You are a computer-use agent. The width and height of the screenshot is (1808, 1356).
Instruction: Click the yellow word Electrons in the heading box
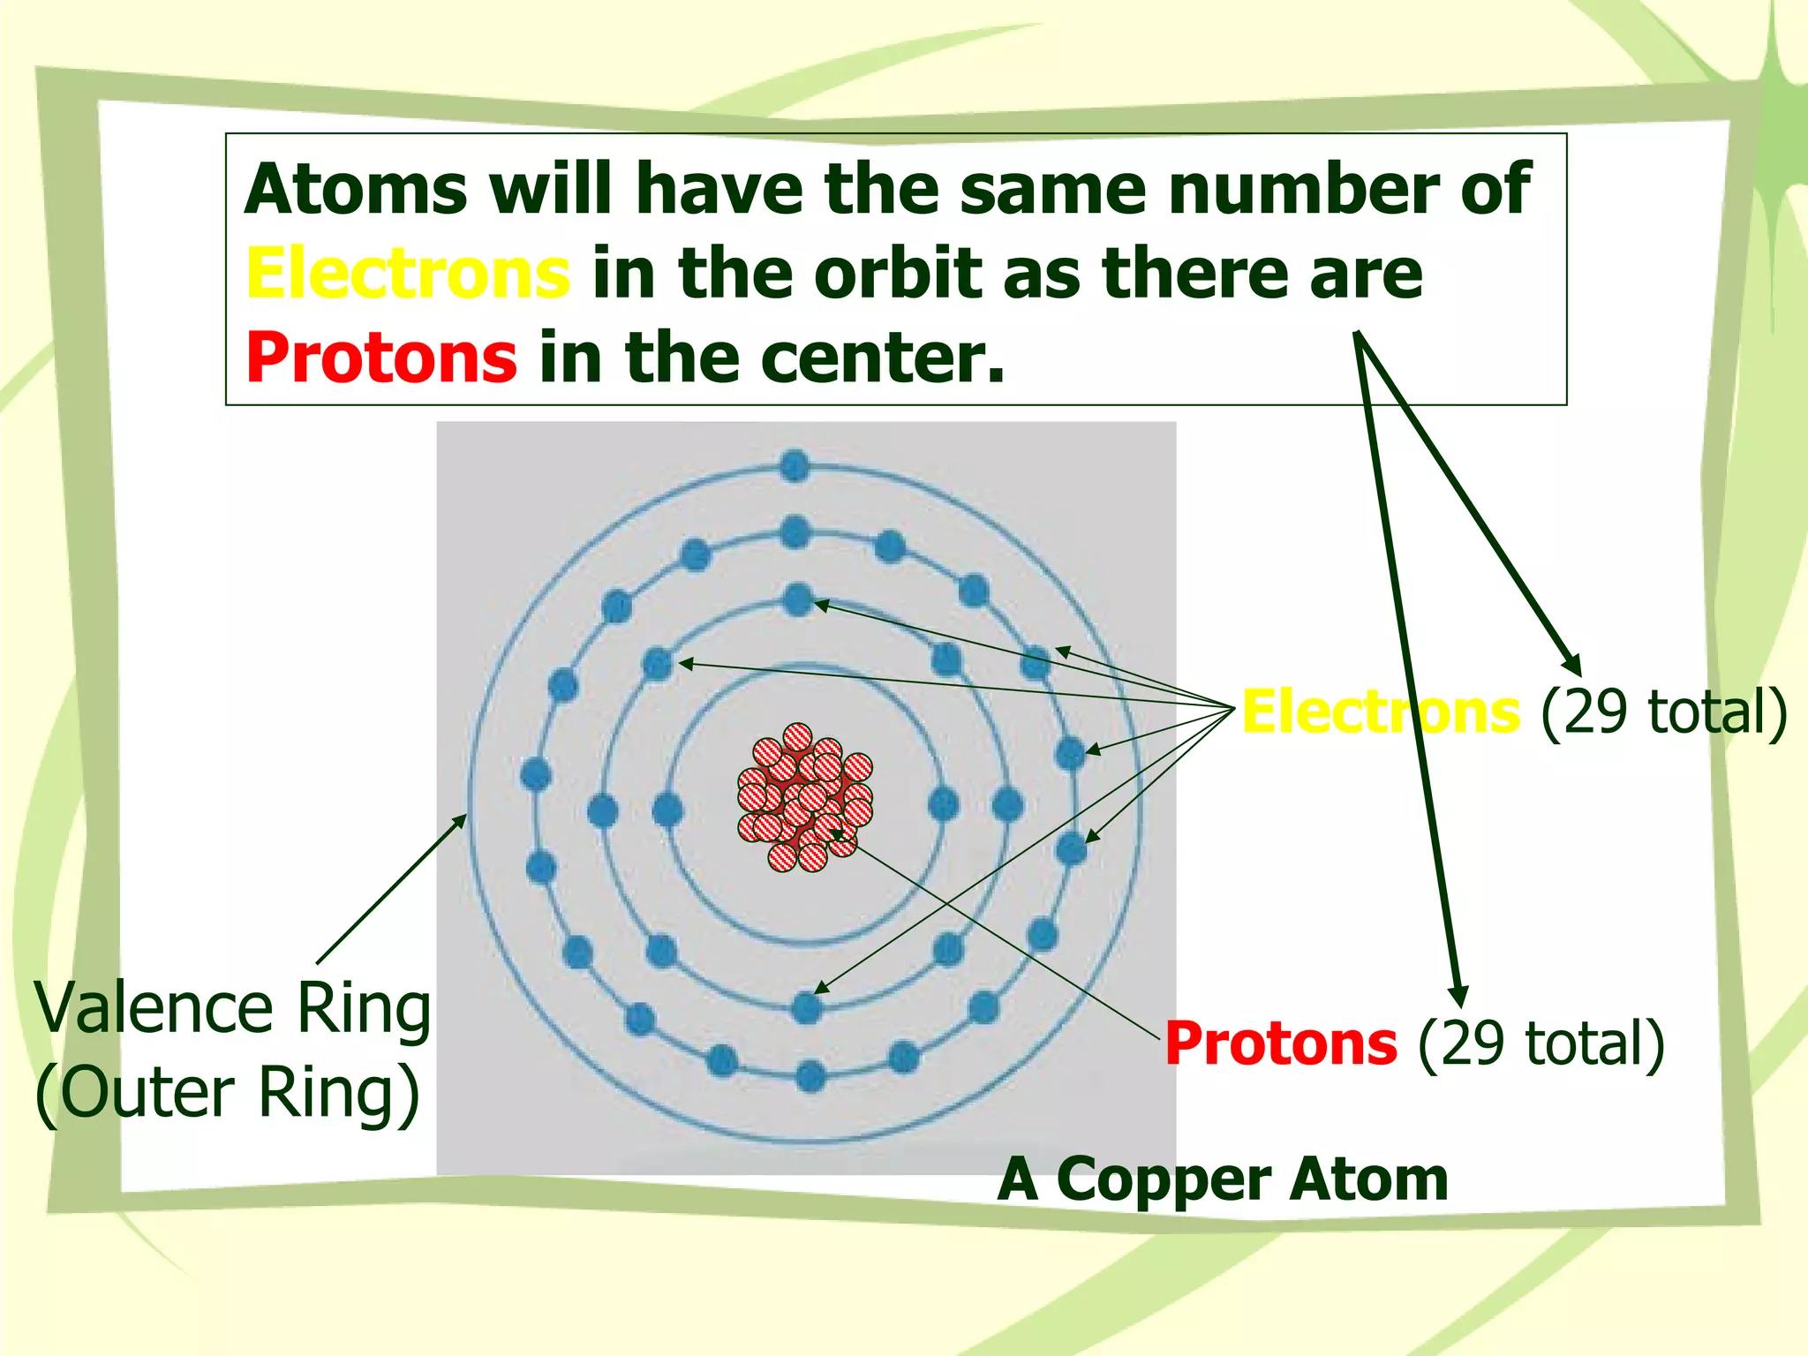(408, 274)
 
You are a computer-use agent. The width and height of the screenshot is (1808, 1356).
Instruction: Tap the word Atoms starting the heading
(356, 189)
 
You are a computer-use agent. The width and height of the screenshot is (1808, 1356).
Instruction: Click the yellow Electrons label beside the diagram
(1380, 712)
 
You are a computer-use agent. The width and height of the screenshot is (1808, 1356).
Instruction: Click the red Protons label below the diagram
(1280, 1043)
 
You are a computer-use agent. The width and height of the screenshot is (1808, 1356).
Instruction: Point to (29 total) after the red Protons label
(1541, 1043)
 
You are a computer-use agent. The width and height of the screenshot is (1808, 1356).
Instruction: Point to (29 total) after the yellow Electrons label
(1663, 712)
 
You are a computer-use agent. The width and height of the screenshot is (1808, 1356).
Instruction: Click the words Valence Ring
(232, 1008)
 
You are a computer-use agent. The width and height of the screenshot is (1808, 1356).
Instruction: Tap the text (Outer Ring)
(228, 1093)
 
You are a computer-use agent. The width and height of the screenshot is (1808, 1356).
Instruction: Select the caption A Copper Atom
(1223, 1179)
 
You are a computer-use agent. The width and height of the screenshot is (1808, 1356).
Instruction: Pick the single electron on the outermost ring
(795, 465)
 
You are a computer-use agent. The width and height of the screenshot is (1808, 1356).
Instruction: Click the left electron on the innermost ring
(667, 810)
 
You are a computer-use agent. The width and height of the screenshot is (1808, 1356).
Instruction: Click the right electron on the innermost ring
(944, 803)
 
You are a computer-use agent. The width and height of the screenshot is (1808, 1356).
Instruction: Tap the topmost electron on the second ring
(798, 600)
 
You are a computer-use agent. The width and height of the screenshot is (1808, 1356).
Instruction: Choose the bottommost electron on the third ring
(810, 1076)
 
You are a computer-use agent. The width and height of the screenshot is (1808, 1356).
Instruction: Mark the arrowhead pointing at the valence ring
(461, 820)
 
